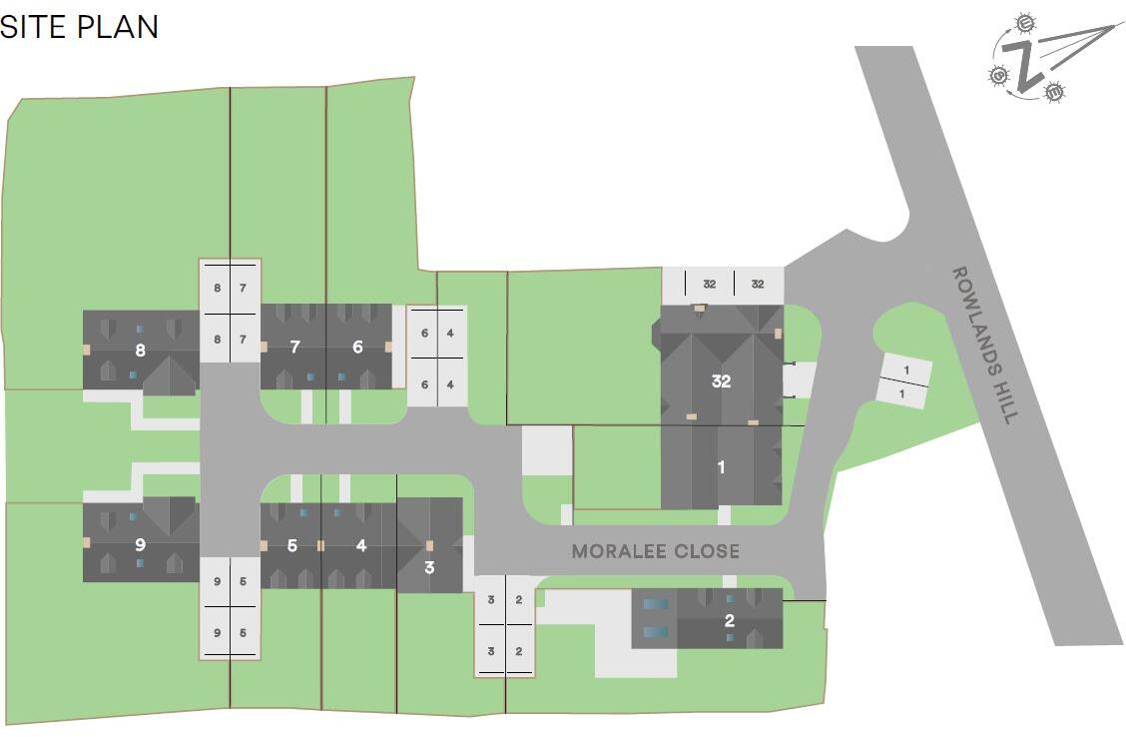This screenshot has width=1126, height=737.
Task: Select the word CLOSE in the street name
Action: [x=706, y=551]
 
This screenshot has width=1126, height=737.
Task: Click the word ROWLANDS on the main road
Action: [x=973, y=314]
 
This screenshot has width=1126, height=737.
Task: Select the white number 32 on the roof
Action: [x=722, y=381]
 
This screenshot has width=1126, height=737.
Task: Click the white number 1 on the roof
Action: [x=722, y=466]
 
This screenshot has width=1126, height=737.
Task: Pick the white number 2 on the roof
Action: [x=730, y=620]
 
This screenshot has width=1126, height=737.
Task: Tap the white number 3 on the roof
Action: [x=429, y=568]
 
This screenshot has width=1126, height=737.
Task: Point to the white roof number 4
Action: [x=360, y=545]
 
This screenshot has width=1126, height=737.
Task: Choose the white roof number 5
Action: [x=291, y=545]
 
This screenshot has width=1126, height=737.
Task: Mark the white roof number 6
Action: [x=357, y=348]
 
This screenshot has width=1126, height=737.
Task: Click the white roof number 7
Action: [x=294, y=348]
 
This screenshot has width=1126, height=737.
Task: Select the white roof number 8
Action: [x=140, y=350]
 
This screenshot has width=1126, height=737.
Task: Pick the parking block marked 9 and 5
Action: [x=231, y=606]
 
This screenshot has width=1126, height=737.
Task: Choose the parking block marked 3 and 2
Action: [x=505, y=625]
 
